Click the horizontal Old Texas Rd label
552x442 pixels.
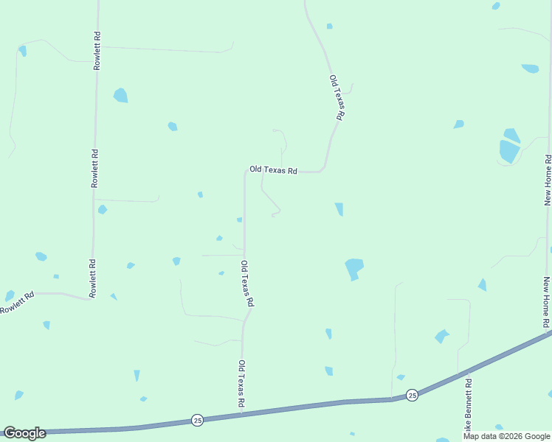(x=273, y=170)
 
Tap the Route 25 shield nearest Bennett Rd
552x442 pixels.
(x=412, y=395)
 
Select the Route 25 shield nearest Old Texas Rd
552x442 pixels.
(x=197, y=420)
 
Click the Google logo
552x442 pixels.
(x=24, y=433)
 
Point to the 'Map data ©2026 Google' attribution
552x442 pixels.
(x=506, y=436)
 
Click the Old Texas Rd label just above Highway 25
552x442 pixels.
(x=241, y=384)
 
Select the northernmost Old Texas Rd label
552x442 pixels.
(x=337, y=97)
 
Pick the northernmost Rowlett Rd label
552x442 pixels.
(x=96, y=50)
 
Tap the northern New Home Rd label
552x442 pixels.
(x=548, y=180)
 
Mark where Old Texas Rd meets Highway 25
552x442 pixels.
(x=242, y=414)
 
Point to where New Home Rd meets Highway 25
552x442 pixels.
(x=550, y=334)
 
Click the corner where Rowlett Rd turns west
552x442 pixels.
(x=90, y=298)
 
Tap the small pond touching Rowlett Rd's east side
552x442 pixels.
(x=102, y=210)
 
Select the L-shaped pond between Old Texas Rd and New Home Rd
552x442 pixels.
(x=354, y=267)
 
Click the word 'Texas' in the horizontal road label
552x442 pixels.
(x=275, y=170)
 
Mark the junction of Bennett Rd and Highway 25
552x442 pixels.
(x=459, y=374)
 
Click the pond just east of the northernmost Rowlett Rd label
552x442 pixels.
(x=120, y=95)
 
